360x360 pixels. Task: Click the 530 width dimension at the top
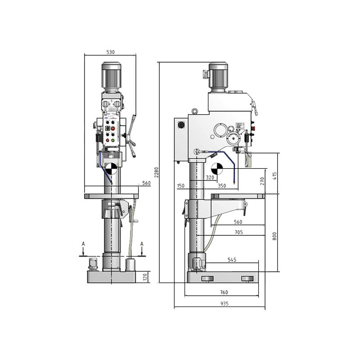(110, 52)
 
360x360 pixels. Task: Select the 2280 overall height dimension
(156, 172)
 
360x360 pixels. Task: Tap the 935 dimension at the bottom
(224, 303)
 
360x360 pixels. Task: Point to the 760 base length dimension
(224, 292)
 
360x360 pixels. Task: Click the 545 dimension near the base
(232, 260)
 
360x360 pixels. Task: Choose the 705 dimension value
(238, 232)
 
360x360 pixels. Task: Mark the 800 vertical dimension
(274, 236)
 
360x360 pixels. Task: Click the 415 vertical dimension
(275, 175)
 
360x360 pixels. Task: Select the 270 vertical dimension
(262, 181)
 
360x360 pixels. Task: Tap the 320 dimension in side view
(210, 177)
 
